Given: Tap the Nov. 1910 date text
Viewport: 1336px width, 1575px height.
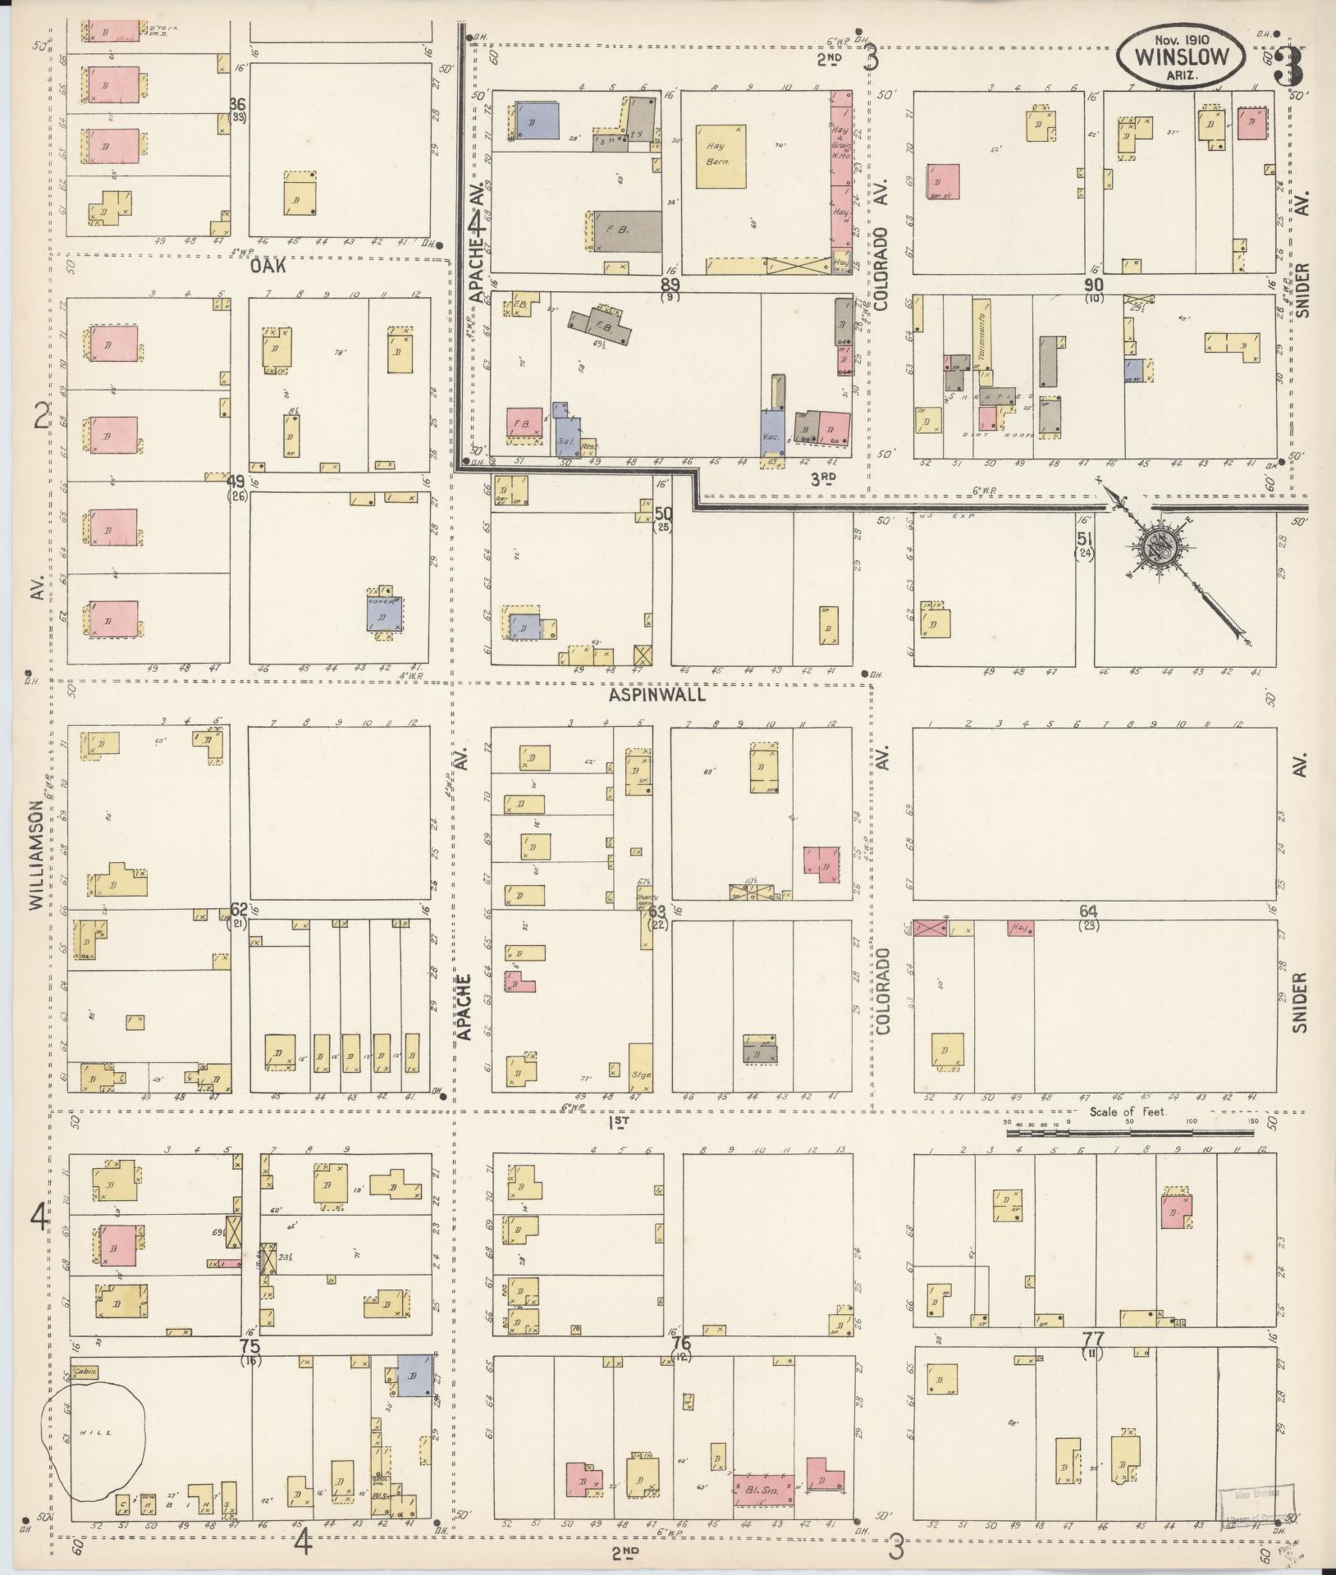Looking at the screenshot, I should point(1180,39).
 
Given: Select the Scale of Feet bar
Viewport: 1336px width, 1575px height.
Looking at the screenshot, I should point(1130,1133).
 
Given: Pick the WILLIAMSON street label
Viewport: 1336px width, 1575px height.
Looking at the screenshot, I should point(36,855).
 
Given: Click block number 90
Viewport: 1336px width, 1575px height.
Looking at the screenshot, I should point(1093,284).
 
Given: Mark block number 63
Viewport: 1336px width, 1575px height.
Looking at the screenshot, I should point(657,911).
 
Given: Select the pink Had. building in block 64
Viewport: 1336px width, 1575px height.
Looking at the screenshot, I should point(1020,929).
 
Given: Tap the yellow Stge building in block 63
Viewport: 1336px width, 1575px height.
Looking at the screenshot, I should point(640,1067).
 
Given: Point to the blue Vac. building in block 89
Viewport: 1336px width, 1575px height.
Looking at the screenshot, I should point(771,431).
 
